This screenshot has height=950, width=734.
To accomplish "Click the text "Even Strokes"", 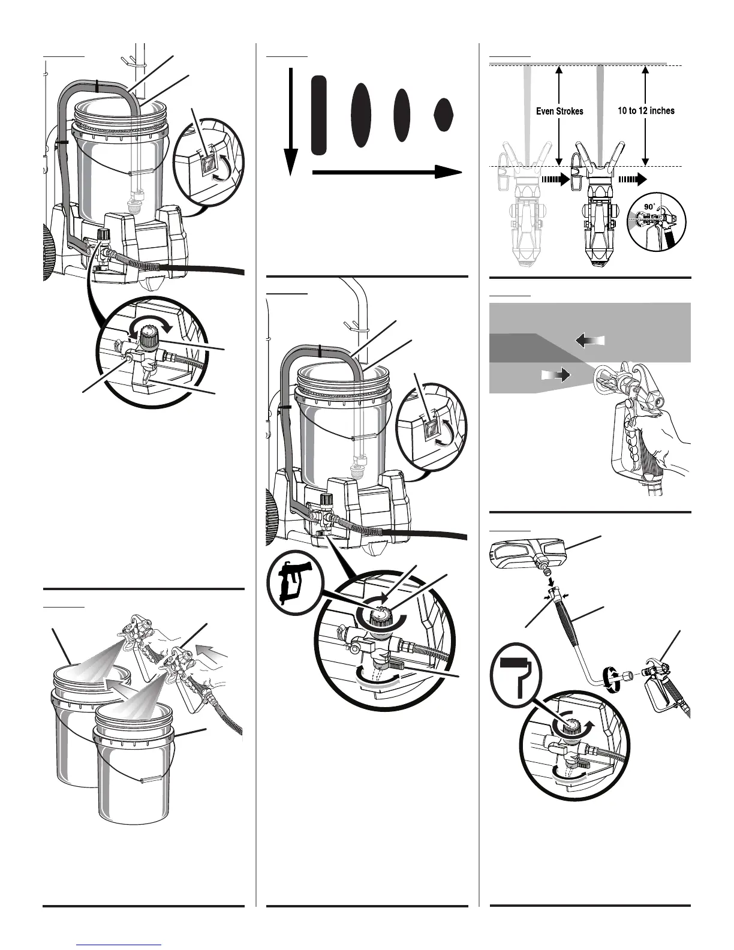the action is point(559,111).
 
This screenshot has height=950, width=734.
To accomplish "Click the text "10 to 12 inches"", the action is point(646,110).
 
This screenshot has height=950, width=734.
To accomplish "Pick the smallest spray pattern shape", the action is point(443,115).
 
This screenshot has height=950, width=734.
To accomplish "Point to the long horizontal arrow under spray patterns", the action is point(387,172).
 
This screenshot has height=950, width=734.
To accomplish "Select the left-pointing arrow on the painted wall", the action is point(590,341).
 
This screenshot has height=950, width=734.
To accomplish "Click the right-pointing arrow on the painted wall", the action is point(556,375).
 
